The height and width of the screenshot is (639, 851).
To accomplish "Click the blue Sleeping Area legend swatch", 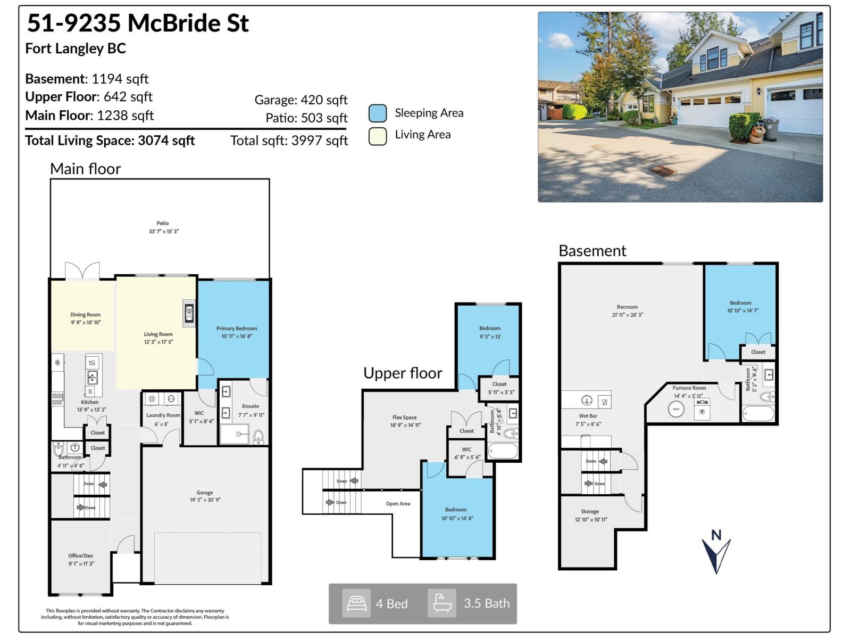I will coord(377,113).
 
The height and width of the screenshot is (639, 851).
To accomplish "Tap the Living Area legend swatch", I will coord(377,136).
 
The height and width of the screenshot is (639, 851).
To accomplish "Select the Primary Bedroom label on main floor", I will coord(237,329).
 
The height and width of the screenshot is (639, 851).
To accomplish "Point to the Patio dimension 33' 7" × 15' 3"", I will coord(163,232).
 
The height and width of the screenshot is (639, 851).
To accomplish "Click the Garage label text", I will coord(204,493).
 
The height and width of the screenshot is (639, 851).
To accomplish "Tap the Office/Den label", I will coord(81,555).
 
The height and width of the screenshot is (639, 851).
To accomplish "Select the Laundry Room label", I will coord(163,415).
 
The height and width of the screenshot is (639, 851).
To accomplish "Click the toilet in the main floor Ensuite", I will coord(258,437).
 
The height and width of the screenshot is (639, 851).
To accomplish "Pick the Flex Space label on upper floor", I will coord(405,417).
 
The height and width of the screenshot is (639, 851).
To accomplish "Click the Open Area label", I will coord(398,503).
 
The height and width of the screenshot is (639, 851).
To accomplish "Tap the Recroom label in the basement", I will coord(627,307).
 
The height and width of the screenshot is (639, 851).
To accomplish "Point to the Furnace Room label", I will coord(689,388).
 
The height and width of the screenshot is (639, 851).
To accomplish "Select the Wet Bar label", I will coord(588,416).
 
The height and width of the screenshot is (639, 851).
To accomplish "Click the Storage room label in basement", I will coord(590,511).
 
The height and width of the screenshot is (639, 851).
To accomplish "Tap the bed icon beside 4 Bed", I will coord(356,603).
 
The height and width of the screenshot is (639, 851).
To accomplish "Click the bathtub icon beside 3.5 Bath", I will coord(442,603).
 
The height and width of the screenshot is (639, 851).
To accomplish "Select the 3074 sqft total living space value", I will coord(166,141).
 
